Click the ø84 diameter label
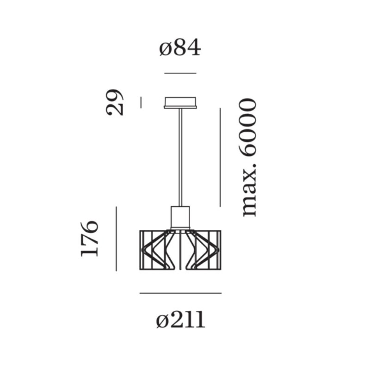(180, 48)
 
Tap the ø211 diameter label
(180, 320)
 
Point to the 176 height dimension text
(90, 238)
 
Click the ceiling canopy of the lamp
(180, 102)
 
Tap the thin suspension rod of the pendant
(180, 157)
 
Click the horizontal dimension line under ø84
(180, 73)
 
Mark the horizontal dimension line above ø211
(180, 293)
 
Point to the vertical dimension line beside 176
(116, 238)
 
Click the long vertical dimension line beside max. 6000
(220, 157)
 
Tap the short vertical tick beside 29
(141, 102)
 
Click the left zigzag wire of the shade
(155, 250)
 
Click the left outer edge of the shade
(140, 250)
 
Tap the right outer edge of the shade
(221, 250)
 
